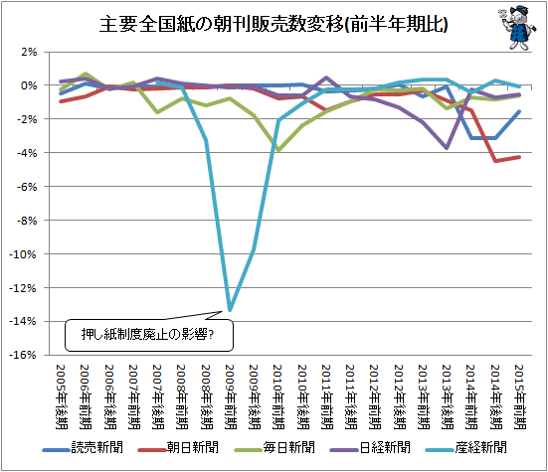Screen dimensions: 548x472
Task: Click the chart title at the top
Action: pos(274,25)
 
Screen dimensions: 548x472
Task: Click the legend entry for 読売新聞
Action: pos(83,447)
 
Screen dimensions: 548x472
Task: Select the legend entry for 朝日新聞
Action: pos(178,447)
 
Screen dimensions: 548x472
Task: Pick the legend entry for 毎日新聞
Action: pos(274,447)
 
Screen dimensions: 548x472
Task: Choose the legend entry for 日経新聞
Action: pos(370,447)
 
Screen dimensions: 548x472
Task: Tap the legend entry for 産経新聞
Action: pos(466,447)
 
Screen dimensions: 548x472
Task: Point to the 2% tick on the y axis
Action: pos(29,52)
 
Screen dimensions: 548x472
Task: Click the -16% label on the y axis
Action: pos(23,355)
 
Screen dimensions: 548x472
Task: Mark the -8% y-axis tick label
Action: pos(27,221)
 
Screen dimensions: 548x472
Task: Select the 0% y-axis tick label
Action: pos(29,85)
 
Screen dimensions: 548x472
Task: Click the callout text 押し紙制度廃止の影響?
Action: pos(147,335)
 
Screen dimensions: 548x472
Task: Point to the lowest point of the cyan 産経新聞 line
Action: pos(230,310)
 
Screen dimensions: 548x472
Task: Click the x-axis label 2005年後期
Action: pos(62,396)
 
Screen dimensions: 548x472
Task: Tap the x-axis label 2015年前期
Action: pos(520,396)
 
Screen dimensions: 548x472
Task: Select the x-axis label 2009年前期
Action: pos(231,396)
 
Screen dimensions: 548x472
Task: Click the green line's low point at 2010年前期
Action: pos(278,150)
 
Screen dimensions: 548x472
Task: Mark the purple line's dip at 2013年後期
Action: pos(447,148)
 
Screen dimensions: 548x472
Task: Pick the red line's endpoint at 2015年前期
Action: pos(519,157)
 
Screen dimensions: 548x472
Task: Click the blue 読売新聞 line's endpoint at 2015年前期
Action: pos(519,111)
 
